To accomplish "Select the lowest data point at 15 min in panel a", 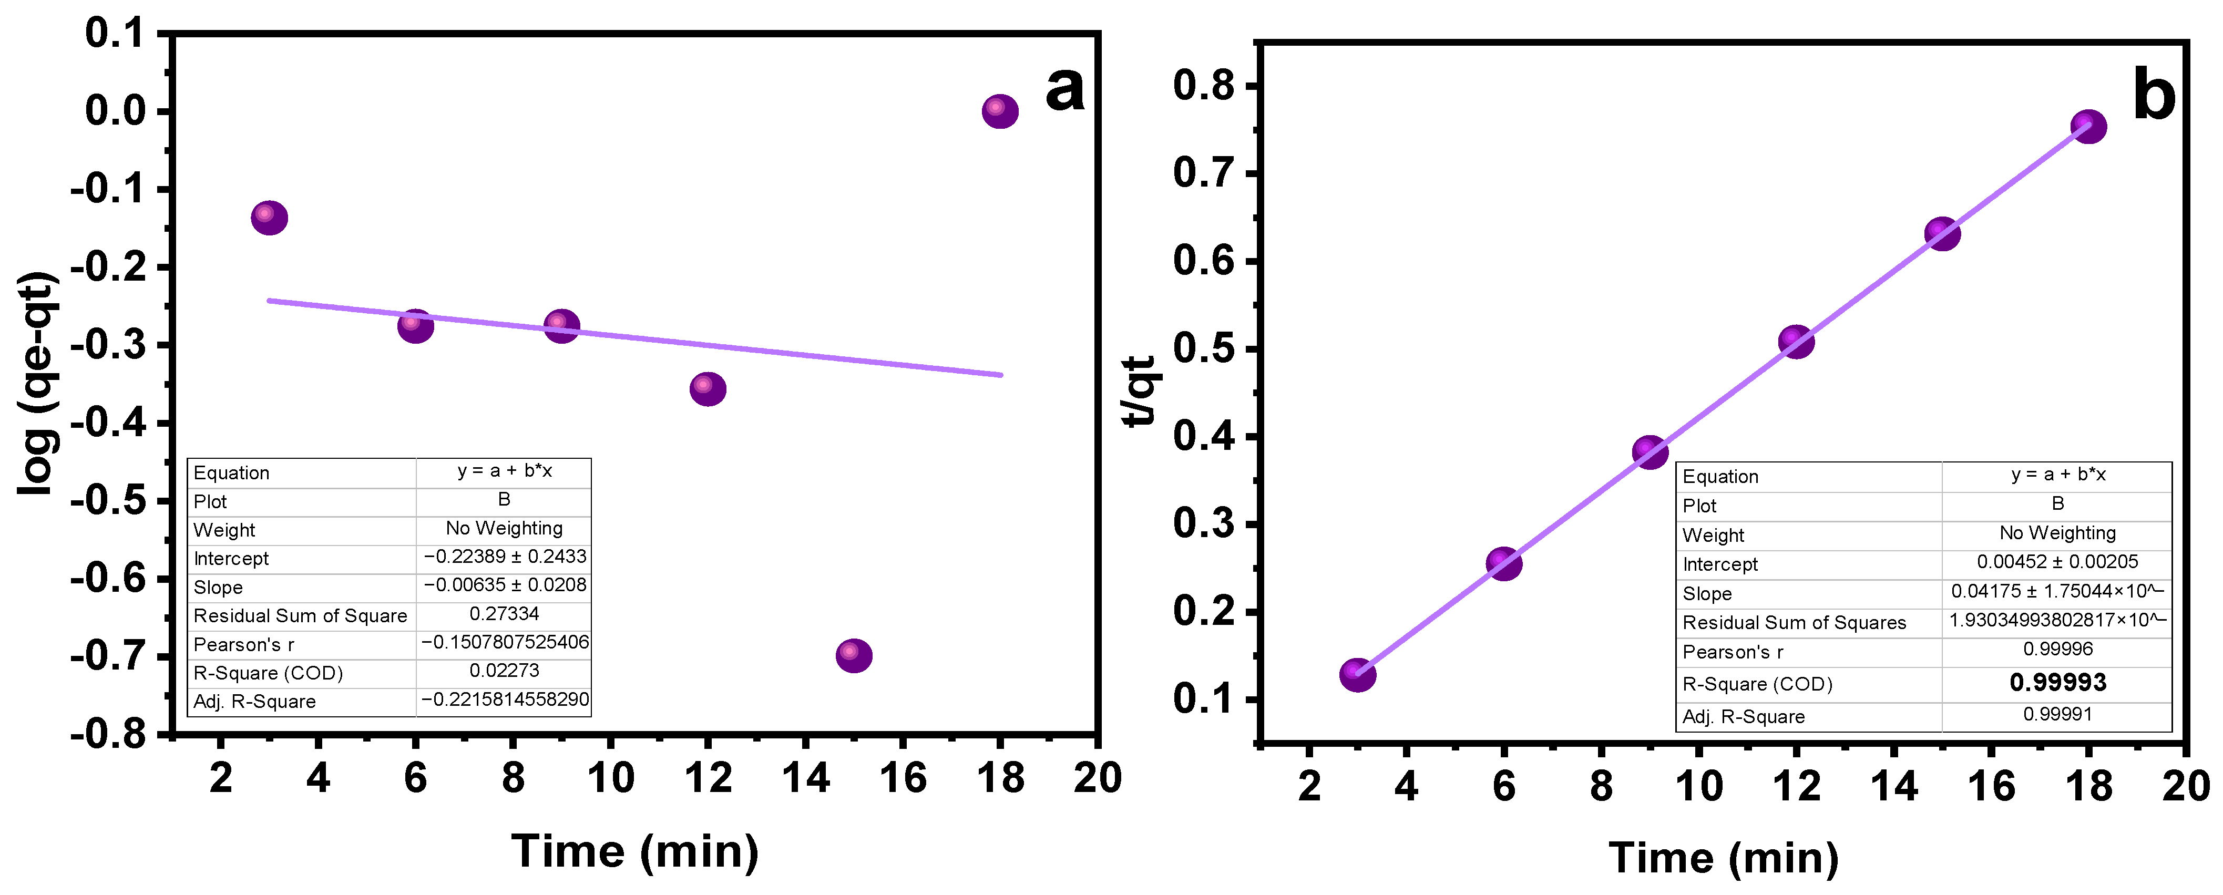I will click(x=854, y=656).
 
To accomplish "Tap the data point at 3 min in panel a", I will click(x=269, y=218).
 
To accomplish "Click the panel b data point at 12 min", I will click(x=1796, y=342).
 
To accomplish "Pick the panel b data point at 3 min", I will click(x=1357, y=674).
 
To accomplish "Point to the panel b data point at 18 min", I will click(x=2088, y=127).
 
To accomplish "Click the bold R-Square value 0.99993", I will click(x=2057, y=683).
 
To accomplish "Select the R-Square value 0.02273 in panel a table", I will click(x=504, y=671).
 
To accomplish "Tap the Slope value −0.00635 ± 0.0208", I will click(x=504, y=585).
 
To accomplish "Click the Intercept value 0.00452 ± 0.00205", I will click(x=2057, y=562).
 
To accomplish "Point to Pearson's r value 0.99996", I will click(x=2057, y=649).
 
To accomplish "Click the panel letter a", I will click(x=1063, y=88).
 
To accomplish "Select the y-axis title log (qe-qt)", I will click(x=38, y=384).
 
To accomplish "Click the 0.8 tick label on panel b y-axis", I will click(x=1203, y=86).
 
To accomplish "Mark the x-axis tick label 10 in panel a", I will click(x=610, y=778).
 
